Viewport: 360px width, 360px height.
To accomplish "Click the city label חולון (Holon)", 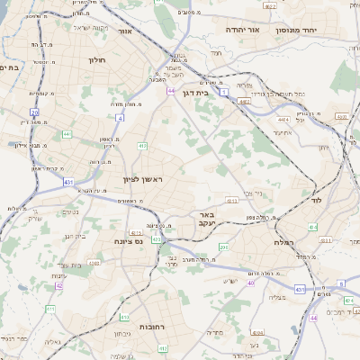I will [x=97, y=60].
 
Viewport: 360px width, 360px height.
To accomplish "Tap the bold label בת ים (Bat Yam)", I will [x=10, y=67].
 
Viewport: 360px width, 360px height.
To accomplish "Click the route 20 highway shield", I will [x=34, y=112].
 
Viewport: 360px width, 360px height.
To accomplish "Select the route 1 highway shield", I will [x=224, y=105].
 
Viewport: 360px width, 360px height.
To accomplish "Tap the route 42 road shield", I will [x=59, y=285].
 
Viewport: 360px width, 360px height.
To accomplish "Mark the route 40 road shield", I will [x=251, y=283].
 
